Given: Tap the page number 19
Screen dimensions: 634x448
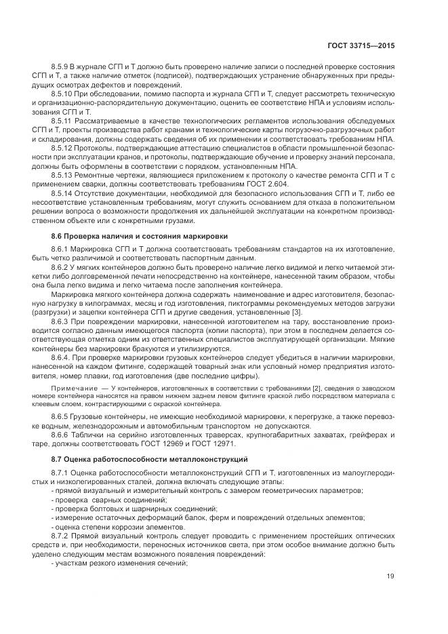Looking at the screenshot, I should point(390,576).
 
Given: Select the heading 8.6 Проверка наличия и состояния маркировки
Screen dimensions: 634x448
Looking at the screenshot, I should point(139,235).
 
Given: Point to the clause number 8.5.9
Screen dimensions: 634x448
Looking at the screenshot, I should point(61,68).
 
